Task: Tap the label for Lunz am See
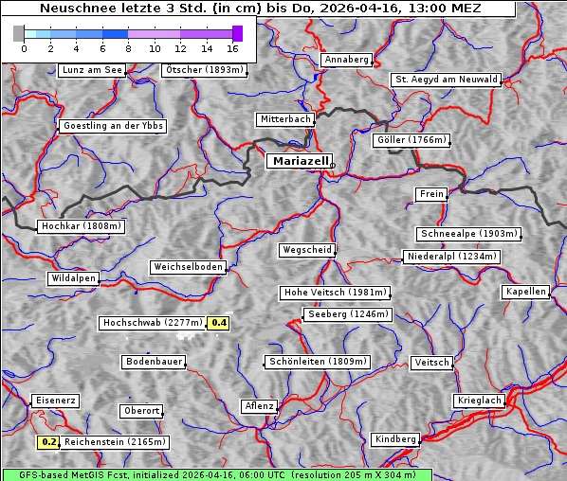point(92,70)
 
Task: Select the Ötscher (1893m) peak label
point(205,70)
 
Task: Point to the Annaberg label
point(346,60)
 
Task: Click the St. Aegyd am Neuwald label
point(446,80)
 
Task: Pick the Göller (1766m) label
point(412,140)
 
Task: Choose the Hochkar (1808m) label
point(82,226)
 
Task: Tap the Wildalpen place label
point(73,278)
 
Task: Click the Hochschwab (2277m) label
point(152,323)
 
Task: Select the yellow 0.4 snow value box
point(219,323)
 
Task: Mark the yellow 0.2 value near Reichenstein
point(49,442)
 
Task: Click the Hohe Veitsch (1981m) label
point(334,293)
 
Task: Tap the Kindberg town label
point(395,439)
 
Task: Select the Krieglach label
point(479,401)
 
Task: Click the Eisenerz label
point(55,401)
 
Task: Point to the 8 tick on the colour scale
point(128,48)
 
